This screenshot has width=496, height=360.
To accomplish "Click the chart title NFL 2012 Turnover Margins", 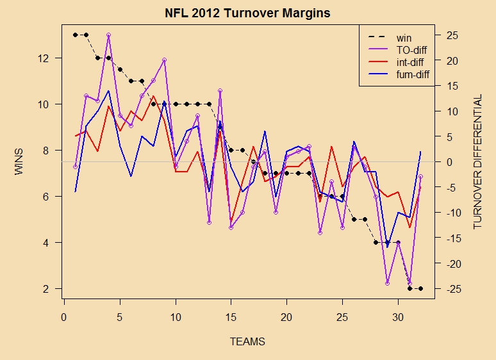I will point(247,13).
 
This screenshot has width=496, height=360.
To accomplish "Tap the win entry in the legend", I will point(404,38).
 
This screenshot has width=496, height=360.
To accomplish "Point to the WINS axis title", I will point(19,163).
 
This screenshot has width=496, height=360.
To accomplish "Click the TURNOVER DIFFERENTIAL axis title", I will point(477,163).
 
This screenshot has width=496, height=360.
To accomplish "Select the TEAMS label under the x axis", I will point(247,342).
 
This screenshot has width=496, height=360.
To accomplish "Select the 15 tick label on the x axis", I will point(231,317).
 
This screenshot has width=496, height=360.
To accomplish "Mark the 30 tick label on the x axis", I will point(398,317).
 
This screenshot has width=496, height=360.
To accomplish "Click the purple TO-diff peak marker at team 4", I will point(109,35).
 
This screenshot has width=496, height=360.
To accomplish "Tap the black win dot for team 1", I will point(75,35).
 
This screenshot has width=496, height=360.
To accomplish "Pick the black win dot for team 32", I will point(420,289).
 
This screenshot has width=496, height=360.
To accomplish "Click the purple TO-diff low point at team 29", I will point(387,283).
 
